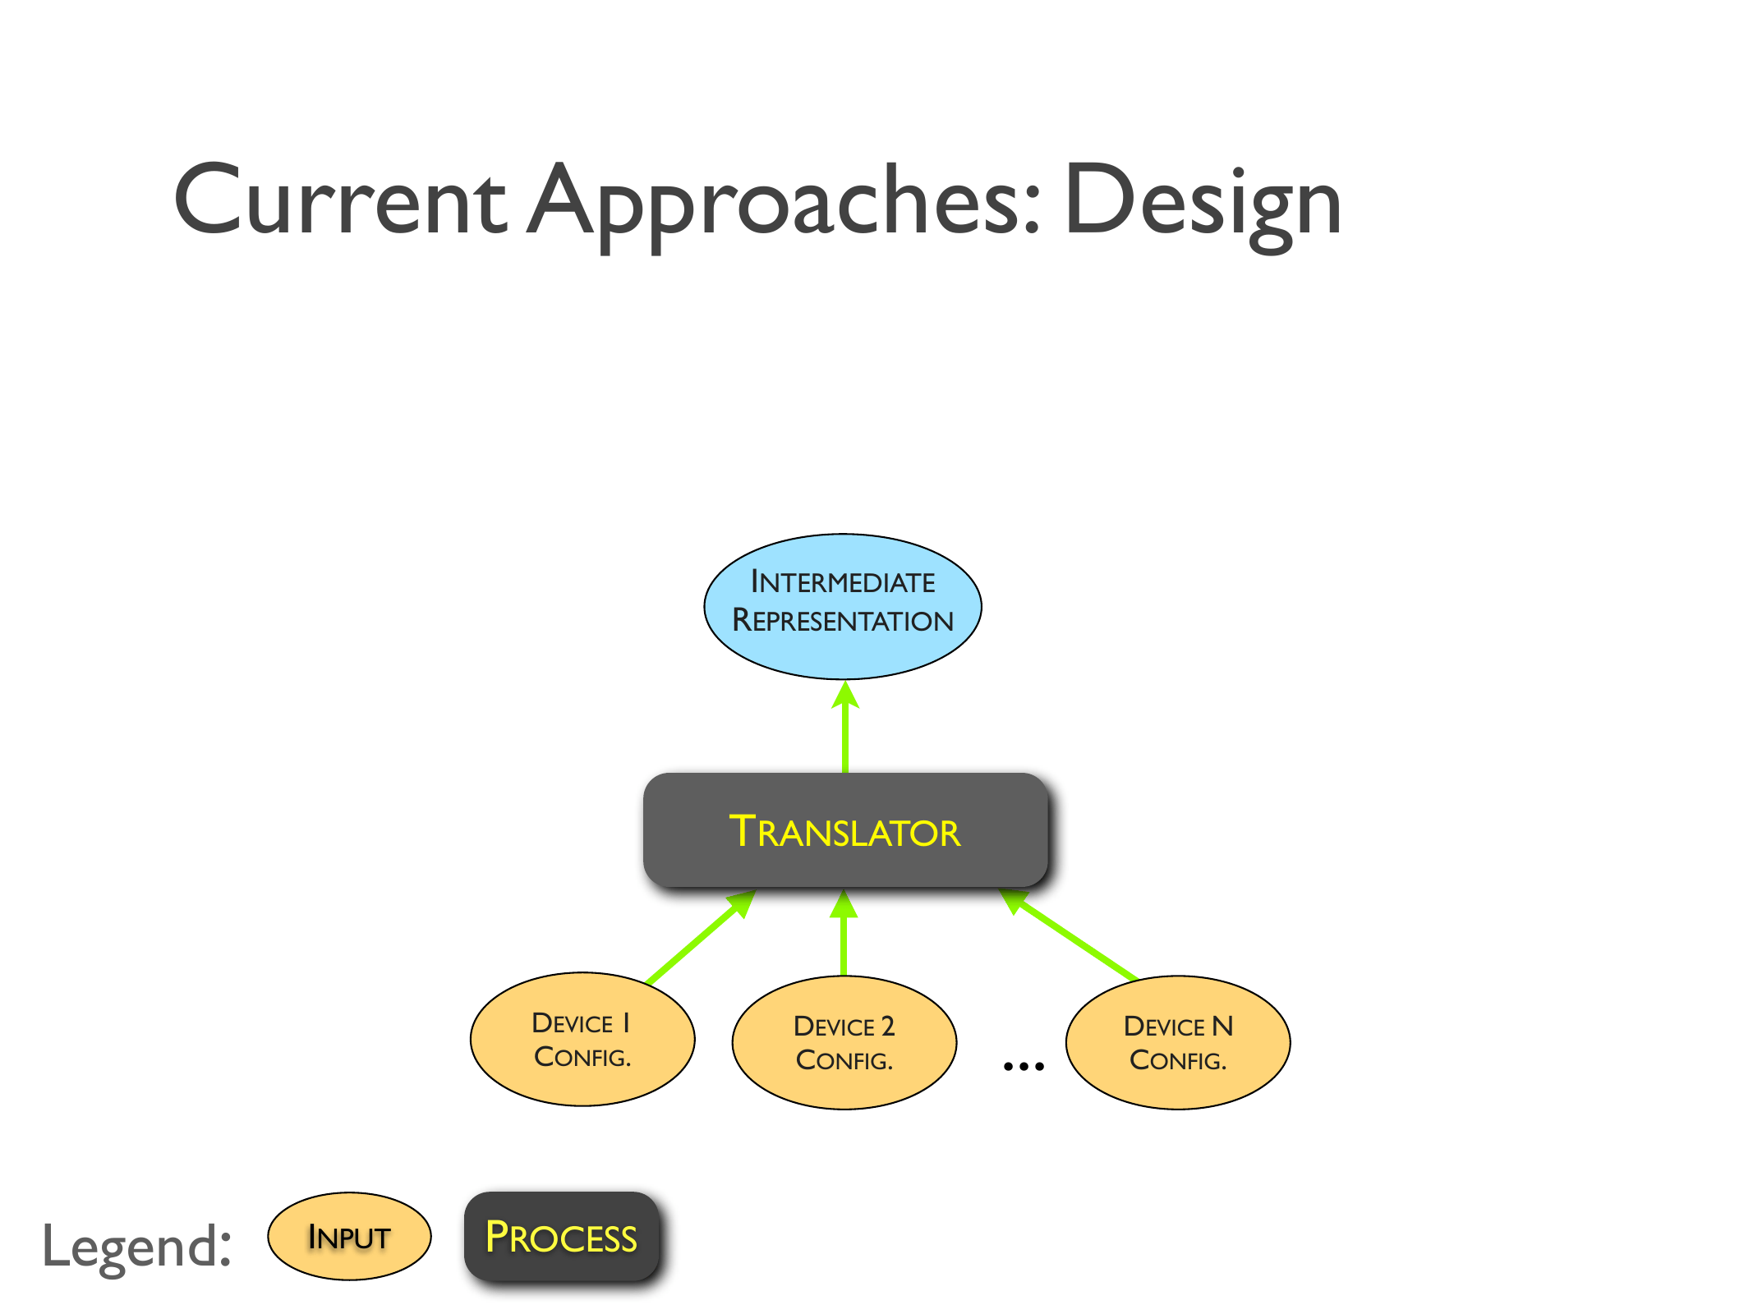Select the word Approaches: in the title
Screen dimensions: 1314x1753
[784, 201]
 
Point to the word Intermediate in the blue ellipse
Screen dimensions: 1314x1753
[843, 582]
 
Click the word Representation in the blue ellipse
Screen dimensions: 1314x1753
[843, 621]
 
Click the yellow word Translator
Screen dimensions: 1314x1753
[844, 832]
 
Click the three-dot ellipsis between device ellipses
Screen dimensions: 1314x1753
[1024, 1066]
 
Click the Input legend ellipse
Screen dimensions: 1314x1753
[349, 1237]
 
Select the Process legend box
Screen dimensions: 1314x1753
[562, 1237]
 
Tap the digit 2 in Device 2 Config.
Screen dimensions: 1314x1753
[887, 1027]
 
